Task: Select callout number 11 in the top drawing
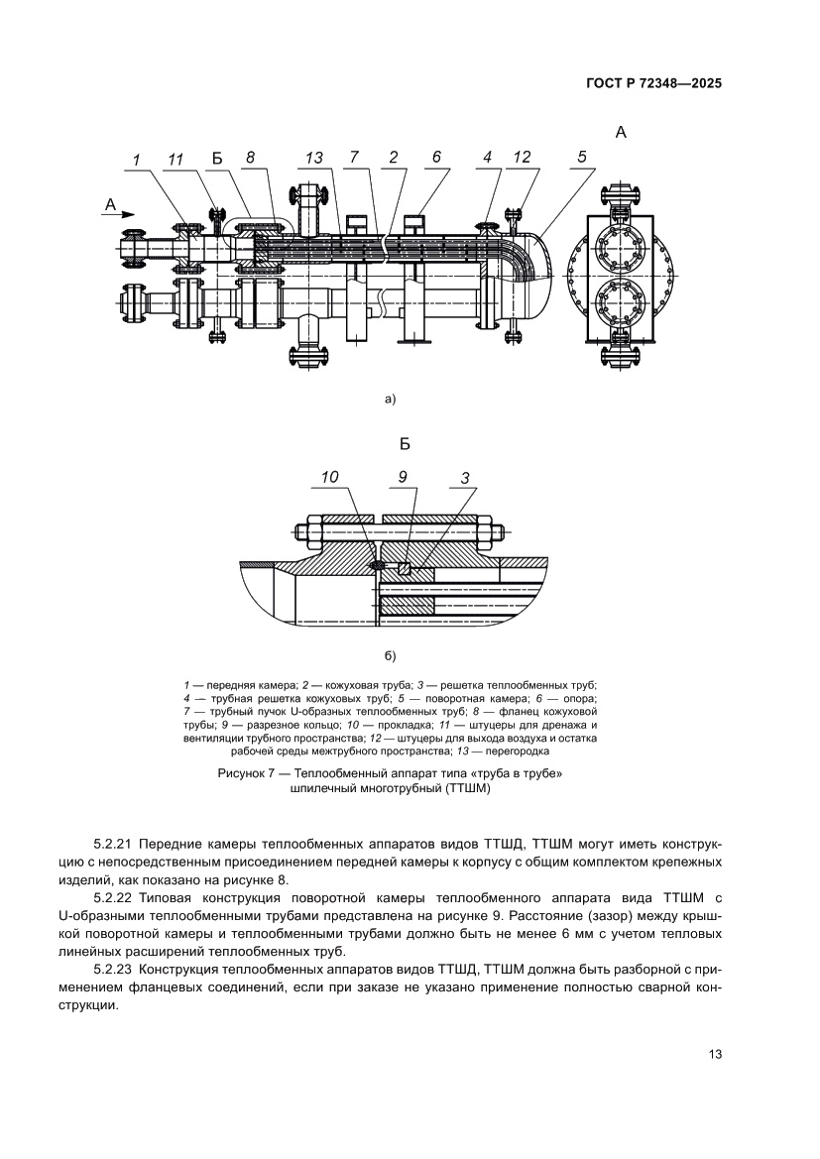click(176, 158)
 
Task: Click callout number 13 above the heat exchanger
click(314, 158)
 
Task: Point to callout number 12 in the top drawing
click(522, 157)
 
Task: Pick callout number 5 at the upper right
click(582, 157)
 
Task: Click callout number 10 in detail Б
click(330, 477)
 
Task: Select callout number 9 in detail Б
click(403, 477)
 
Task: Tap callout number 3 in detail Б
click(464, 477)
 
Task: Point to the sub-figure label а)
click(390, 400)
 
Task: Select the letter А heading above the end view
click(621, 132)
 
